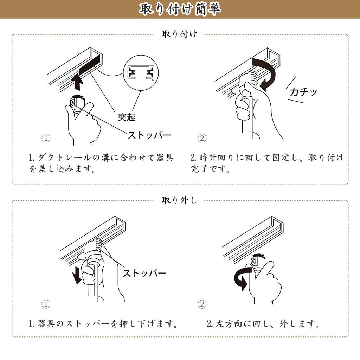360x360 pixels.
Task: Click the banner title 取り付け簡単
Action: click(180, 9)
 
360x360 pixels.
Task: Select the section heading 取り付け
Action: click(180, 34)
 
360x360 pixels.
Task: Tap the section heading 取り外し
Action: click(179, 200)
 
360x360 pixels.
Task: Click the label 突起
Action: click(127, 117)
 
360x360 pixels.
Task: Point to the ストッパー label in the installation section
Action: click(149, 135)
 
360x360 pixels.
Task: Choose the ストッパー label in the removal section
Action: click(144, 273)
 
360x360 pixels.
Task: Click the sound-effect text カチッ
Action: click(303, 92)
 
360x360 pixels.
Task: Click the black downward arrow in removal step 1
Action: click(76, 275)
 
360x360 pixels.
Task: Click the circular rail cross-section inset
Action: click(141, 72)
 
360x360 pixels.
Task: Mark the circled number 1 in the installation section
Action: click(46, 138)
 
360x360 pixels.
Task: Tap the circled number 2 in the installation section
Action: click(202, 138)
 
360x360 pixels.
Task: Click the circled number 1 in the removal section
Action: click(46, 304)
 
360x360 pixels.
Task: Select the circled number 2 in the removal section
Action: click(202, 304)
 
